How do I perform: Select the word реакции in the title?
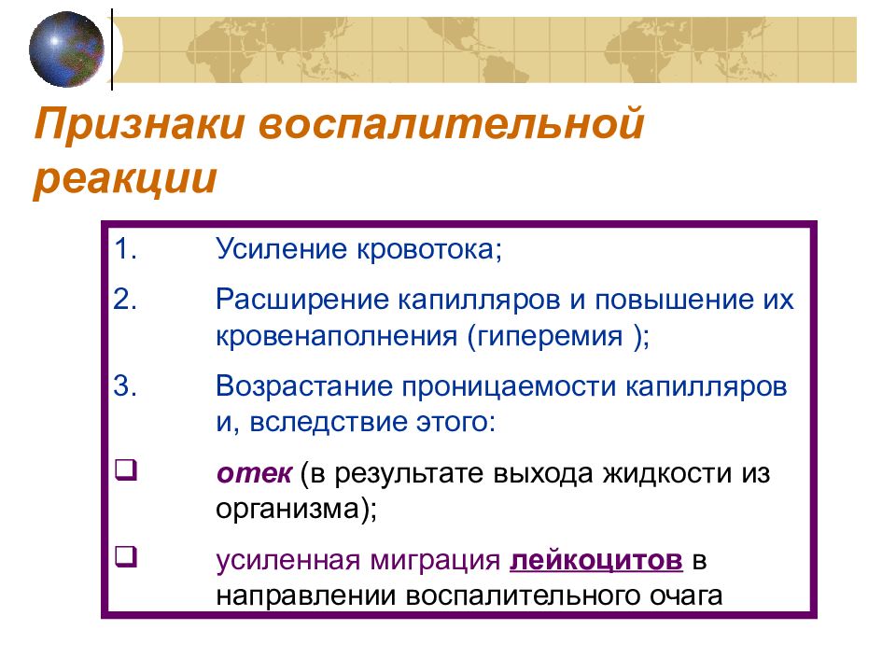pyautogui.click(x=126, y=177)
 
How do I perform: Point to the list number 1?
pyautogui.click(x=126, y=250)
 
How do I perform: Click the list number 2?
pyautogui.click(x=127, y=301)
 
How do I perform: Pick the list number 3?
pyautogui.click(x=127, y=386)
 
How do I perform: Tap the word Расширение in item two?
pyautogui.click(x=298, y=301)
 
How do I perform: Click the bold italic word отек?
pyautogui.click(x=256, y=472)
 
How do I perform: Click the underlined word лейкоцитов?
pyautogui.click(x=596, y=560)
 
